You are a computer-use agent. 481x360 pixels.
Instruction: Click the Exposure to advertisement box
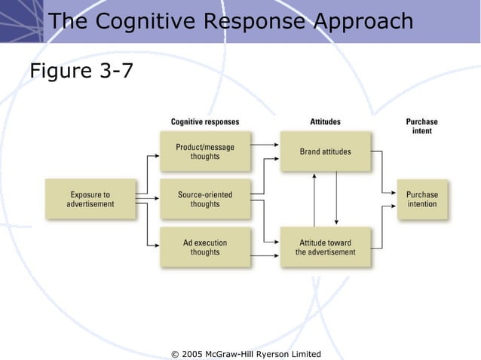pos(90,199)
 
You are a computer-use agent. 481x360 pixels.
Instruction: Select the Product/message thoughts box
pos(204,151)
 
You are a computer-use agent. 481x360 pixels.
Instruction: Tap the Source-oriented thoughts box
pos(204,199)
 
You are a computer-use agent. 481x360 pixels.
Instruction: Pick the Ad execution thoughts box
pos(204,247)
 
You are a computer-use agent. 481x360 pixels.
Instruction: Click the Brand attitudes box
pos(325,151)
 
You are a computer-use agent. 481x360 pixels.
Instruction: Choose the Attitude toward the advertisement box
pos(325,247)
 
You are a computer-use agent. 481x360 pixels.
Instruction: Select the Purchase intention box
pos(421,199)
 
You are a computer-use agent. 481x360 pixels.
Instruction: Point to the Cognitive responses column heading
pos(204,122)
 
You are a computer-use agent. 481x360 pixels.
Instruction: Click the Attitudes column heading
pos(325,122)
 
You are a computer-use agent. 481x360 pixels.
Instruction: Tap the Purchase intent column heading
pos(421,126)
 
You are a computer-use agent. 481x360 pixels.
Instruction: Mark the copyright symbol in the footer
pos(176,354)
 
